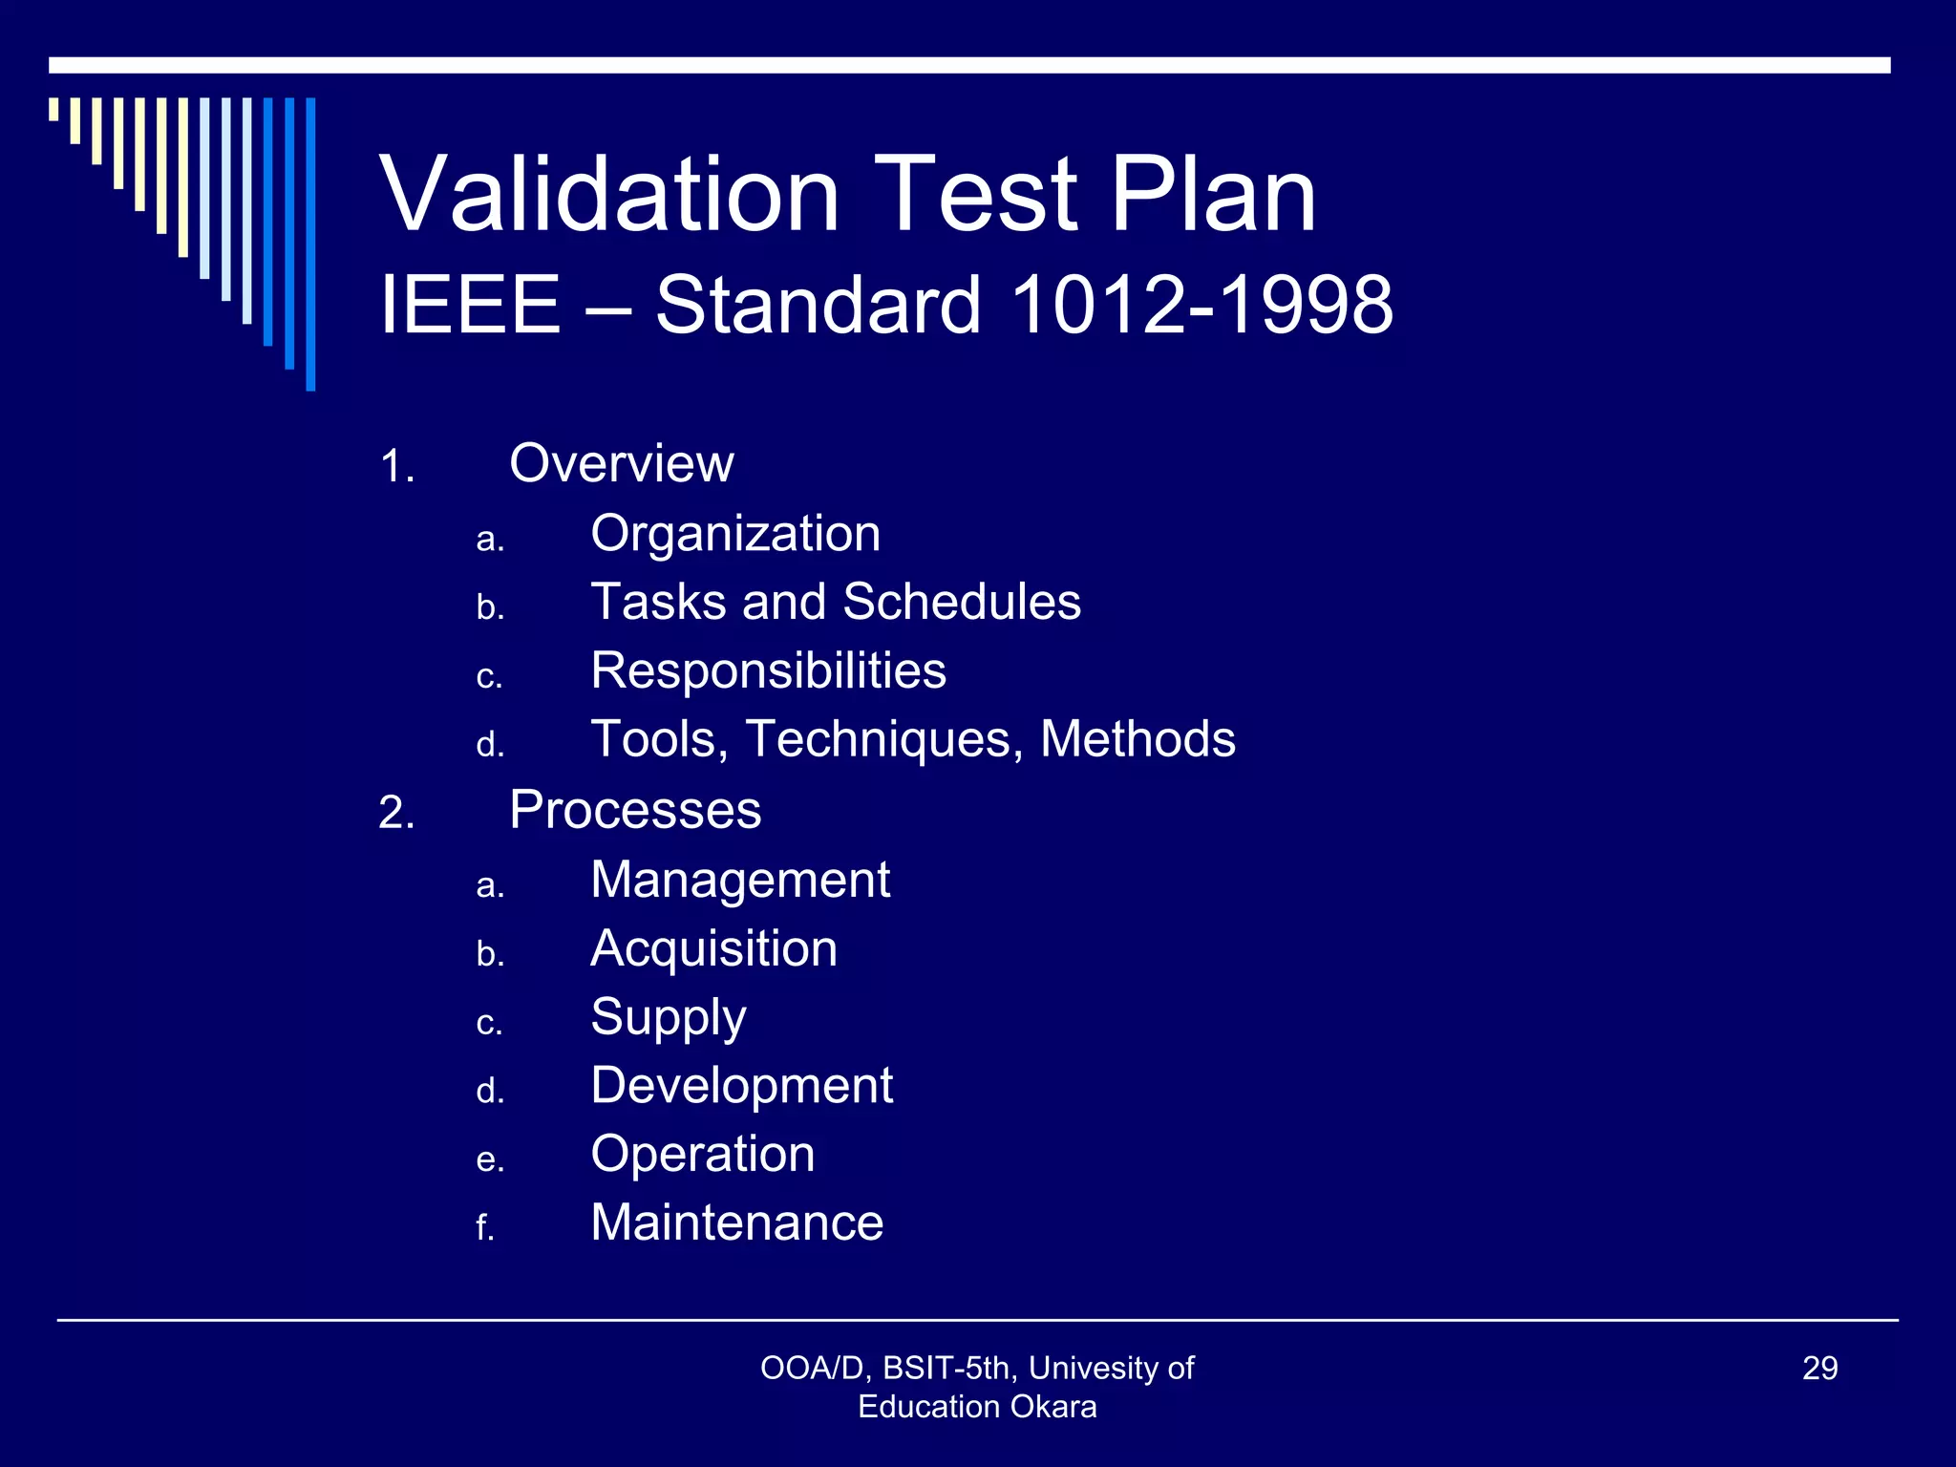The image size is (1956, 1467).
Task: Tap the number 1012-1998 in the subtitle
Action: pos(1201,305)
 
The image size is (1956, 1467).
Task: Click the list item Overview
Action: pos(621,464)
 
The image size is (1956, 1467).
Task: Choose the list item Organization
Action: pos(735,534)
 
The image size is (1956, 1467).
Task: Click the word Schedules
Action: pos(962,603)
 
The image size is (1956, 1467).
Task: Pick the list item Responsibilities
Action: pos(768,670)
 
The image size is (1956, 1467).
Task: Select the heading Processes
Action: pos(635,811)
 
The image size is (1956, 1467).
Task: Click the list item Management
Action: pos(740,880)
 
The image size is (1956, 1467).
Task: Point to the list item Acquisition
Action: pos(713,948)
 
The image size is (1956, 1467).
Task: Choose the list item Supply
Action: pos(669,1018)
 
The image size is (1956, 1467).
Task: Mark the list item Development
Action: pos(741,1086)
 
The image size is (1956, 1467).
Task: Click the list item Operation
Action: pos(703,1155)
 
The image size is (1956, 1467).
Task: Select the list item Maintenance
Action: pos(737,1223)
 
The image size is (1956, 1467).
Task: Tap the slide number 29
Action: pos(1819,1369)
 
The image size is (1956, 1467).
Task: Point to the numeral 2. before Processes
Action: pos(396,814)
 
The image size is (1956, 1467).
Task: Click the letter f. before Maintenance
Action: pos(485,1227)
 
